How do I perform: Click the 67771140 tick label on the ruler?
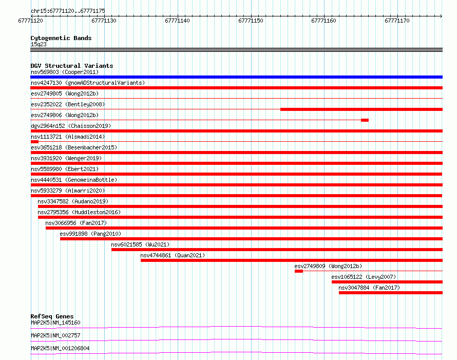pos(177,21)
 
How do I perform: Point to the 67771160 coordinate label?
pos(323,21)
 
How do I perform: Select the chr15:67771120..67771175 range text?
pos(68,11)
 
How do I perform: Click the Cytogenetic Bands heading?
pos(61,38)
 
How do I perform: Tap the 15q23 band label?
pos(39,44)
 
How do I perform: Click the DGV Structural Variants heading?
pos(72,66)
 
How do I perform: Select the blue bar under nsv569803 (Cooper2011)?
pos(236,77)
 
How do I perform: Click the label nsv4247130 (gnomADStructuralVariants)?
pos(88,83)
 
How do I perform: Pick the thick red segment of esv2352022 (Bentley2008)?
pos(361,109)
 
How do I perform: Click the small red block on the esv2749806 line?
pos(365,120)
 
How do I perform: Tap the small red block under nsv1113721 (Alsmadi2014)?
pos(34,142)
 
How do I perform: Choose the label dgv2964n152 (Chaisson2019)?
pos(71,126)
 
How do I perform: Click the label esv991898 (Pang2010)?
pos(90,234)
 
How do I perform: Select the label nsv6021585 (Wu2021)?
pos(140,244)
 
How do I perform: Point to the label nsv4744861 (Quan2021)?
pos(173,255)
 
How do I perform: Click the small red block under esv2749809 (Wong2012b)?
pos(299,271)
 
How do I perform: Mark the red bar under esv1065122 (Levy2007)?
pos(387,282)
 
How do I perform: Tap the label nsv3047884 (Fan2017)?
pos(369,288)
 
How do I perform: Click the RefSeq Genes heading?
pos(52,316)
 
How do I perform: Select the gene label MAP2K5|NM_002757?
pos(55,335)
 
